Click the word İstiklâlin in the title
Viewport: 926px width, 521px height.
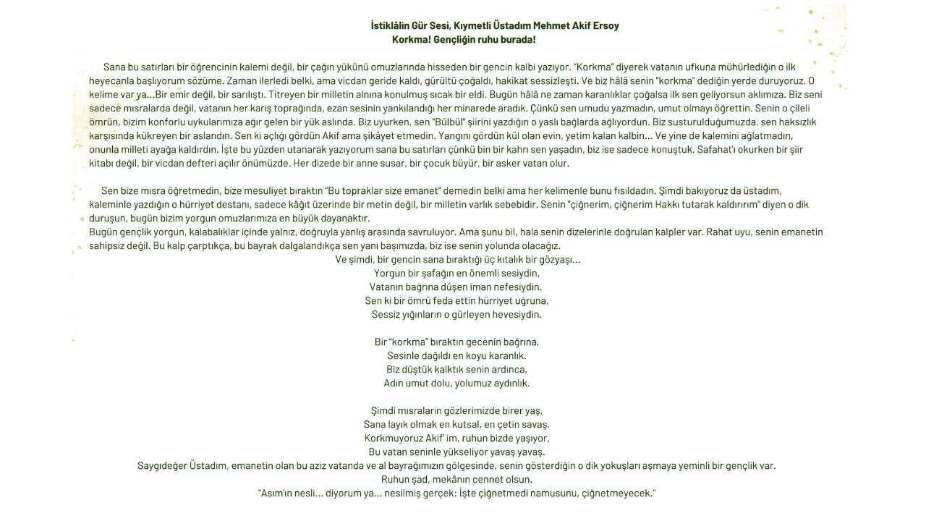coord(390,25)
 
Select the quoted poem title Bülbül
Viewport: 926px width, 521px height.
coord(449,122)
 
